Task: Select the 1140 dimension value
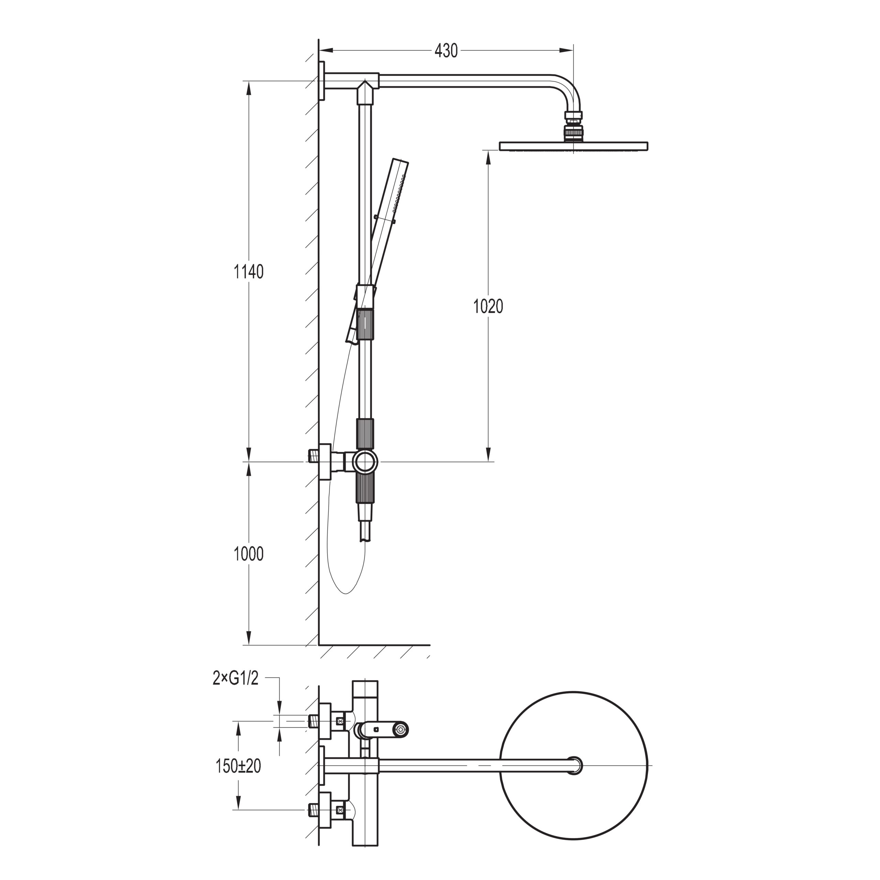click(249, 272)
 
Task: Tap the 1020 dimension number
click(488, 307)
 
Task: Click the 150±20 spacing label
click(238, 766)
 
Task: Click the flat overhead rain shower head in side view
click(573, 146)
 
